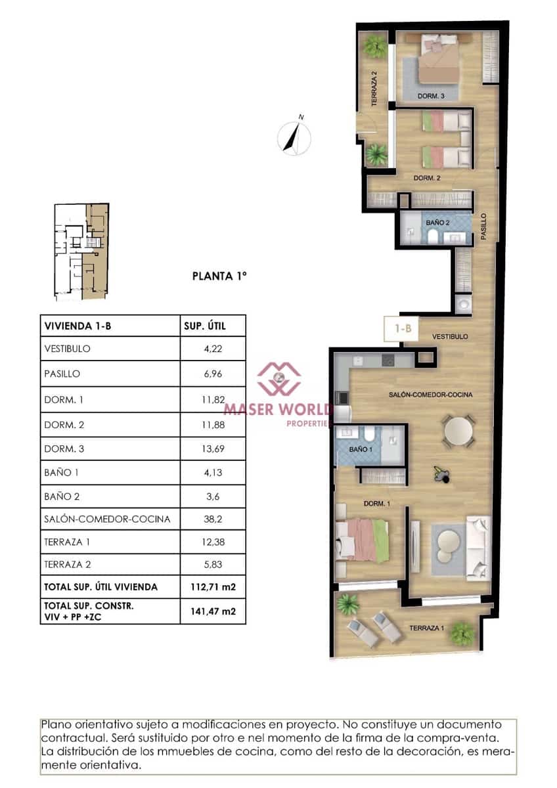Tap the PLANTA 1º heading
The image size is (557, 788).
(219, 276)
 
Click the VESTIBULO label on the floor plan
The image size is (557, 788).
(449, 336)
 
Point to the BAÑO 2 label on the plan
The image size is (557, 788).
(437, 223)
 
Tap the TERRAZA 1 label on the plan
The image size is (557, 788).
(427, 628)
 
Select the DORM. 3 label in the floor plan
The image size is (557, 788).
(432, 97)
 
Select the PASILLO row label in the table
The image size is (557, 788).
(62, 374)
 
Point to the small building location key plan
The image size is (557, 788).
(81, 252)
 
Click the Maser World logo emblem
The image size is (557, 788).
(278, 379)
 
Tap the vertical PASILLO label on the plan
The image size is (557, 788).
(484, 225)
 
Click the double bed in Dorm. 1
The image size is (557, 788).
(360, 538)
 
